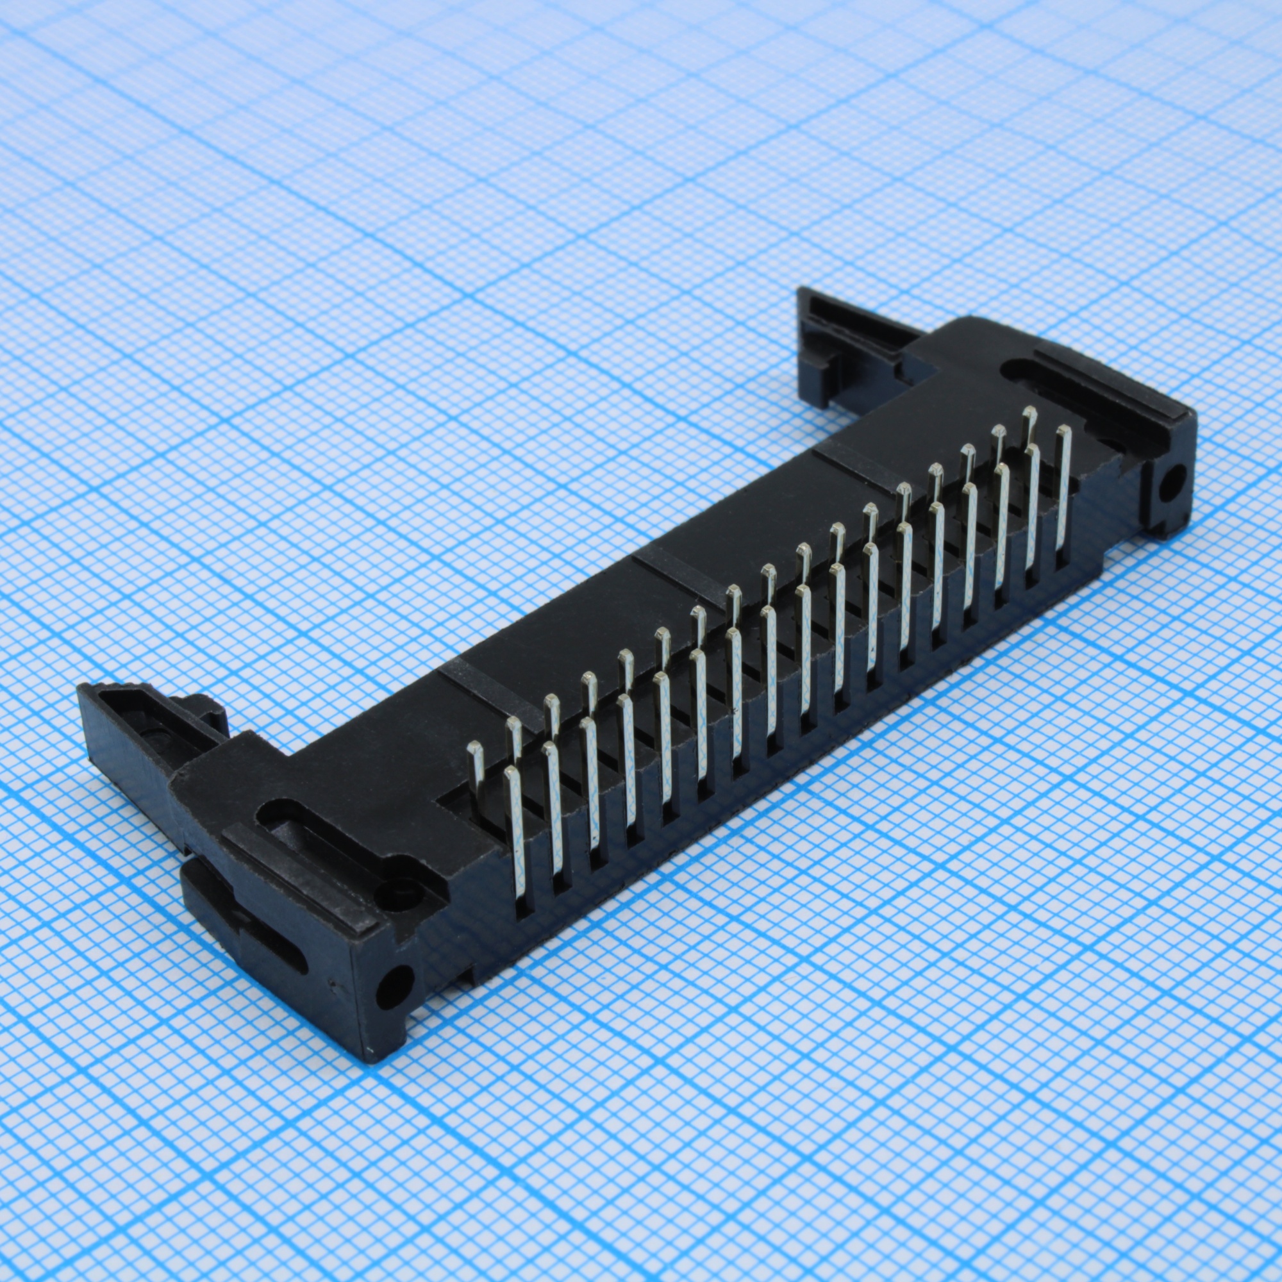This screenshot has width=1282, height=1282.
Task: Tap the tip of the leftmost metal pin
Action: point(474,749)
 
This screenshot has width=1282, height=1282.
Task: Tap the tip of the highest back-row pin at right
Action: point(1029,413)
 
